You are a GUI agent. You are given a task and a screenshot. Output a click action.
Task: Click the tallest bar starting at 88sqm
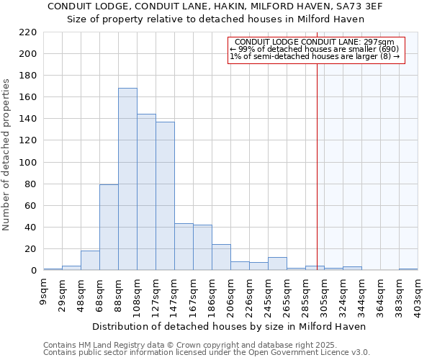[127, 179]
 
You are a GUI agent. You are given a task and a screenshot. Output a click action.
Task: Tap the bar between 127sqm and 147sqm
[165, 196]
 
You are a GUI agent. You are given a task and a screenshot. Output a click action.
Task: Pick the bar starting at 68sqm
[109, 228]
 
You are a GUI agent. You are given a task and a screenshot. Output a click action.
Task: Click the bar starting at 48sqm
[90, 261]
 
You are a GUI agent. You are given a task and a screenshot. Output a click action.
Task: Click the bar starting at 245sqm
[277, 264]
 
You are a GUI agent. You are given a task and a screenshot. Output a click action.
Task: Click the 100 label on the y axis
[27, 162]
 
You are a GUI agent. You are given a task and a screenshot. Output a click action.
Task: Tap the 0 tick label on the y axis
[33, 271]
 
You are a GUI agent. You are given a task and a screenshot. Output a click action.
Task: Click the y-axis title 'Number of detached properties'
[6, 155]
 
